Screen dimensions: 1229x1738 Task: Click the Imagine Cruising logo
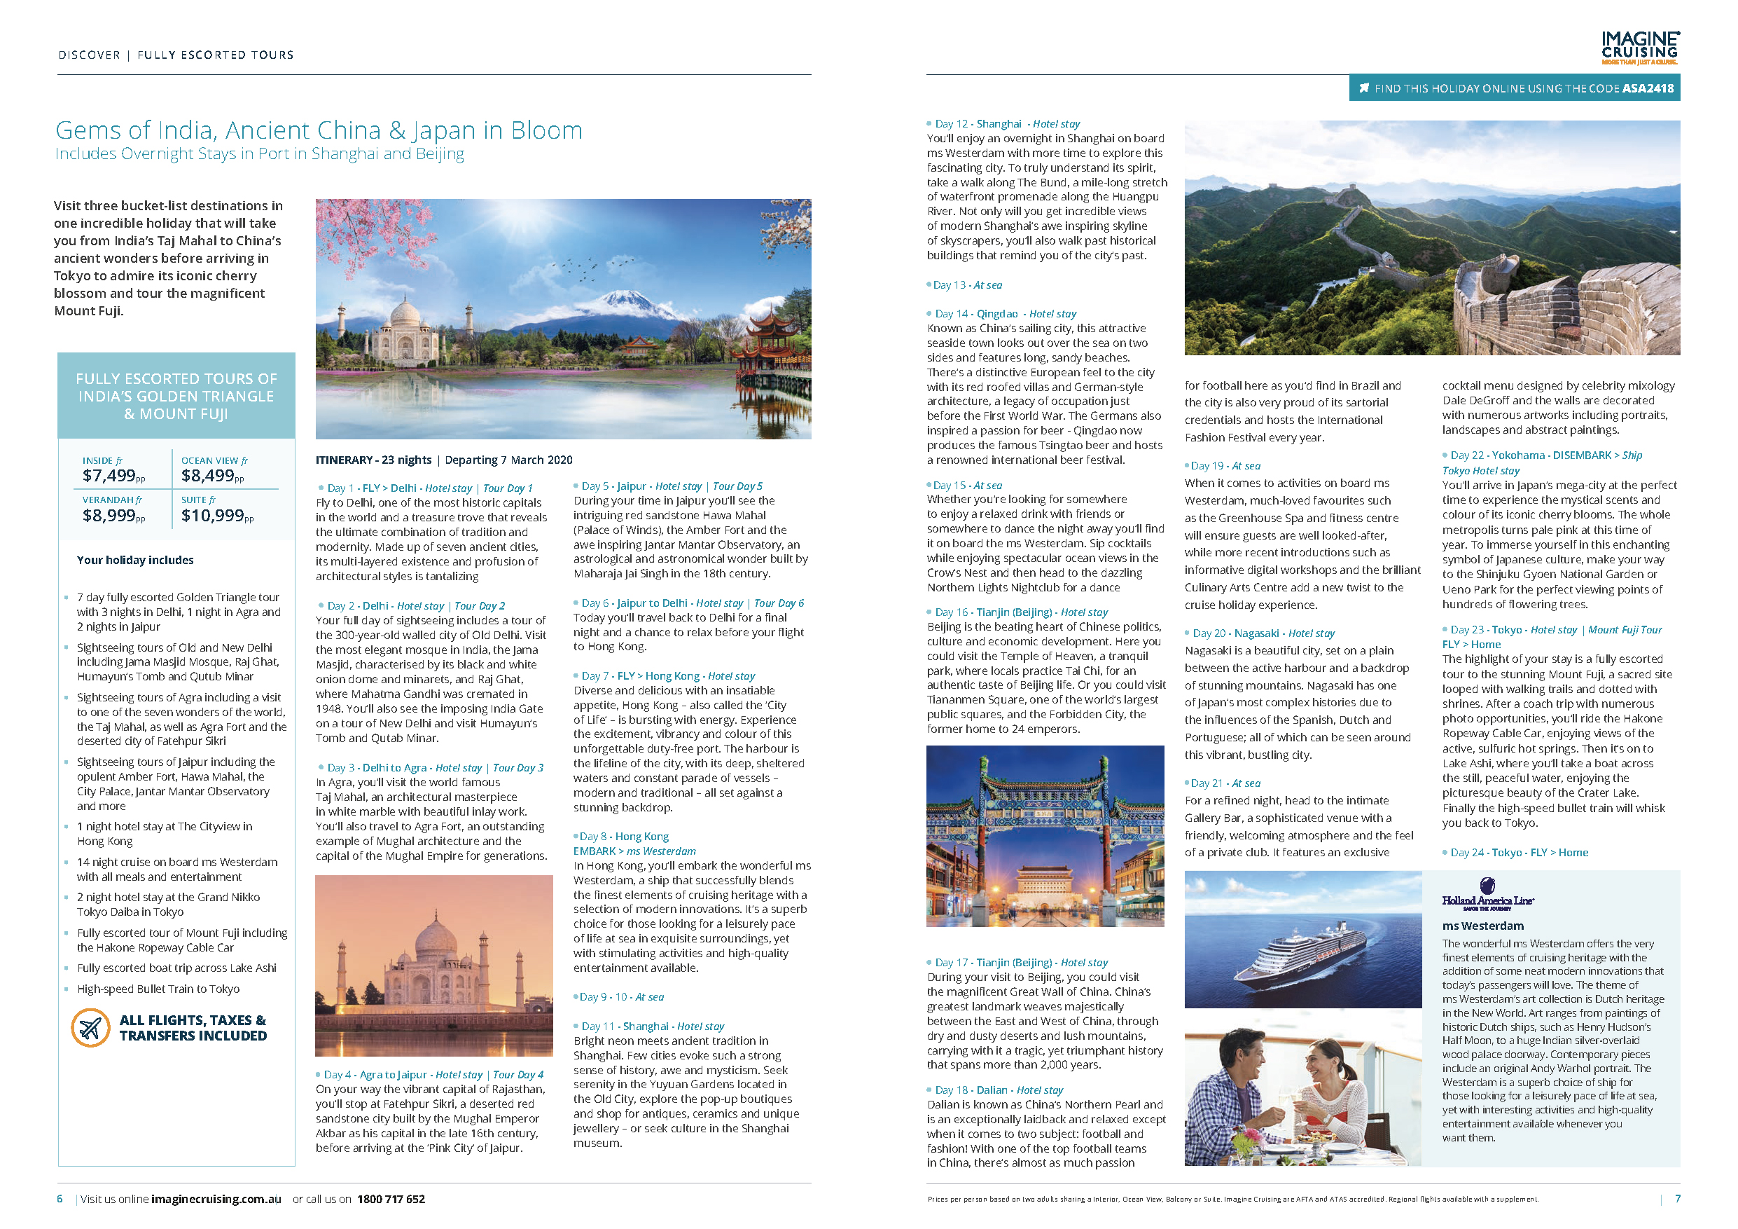point(1639,48)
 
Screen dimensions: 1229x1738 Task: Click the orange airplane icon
point(90,1029)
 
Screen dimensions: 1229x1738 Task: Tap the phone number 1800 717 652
point(391,1200)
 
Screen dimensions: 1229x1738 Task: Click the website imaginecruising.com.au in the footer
point(216,1200)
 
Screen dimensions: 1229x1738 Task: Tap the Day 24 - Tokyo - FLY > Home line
point(1519,853)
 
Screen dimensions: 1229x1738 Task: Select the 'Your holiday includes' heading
point(134,561)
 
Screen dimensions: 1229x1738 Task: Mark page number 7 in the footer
point(1678,1199)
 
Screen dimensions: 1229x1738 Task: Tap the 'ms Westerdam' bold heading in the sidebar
point(1482,926)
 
